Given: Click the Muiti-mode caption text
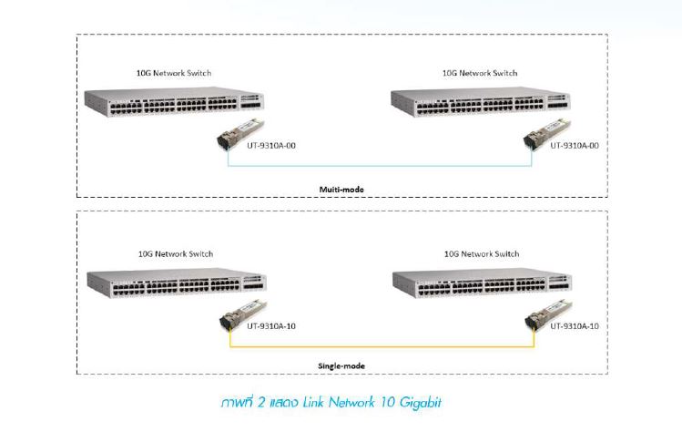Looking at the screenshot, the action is tap(341, 190).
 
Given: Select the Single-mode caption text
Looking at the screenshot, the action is tap(341, 365).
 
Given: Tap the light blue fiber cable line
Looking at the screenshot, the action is tap(380, 166).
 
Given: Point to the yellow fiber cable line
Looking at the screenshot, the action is tap(382, 346).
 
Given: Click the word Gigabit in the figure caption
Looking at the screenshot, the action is tap(420, 403).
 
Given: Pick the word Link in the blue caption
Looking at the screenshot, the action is tap(313, 402).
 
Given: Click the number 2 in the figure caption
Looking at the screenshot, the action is tap(261, 402).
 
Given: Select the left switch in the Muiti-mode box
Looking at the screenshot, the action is tap(174, 101).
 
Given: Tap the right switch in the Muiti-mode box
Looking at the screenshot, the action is tap(480, 102).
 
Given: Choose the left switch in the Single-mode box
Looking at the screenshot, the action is tap(177, 283).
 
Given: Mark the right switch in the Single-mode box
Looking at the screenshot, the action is tap(482, 283).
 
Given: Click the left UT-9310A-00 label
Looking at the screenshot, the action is tap(271, 146).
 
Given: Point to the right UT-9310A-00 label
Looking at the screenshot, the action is tap(575, 146).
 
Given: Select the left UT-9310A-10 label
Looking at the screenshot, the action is tap(271, 325).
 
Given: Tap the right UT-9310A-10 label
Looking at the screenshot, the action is tap(575, 325).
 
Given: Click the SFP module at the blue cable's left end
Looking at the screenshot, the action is tap(240, 134).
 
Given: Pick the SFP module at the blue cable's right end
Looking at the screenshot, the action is tap(546, 134).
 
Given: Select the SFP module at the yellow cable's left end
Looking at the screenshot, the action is tap(243, 314).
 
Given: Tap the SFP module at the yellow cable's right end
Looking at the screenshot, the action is tap(548, 314).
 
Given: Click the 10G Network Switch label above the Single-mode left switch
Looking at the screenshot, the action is tap(176, 254).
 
